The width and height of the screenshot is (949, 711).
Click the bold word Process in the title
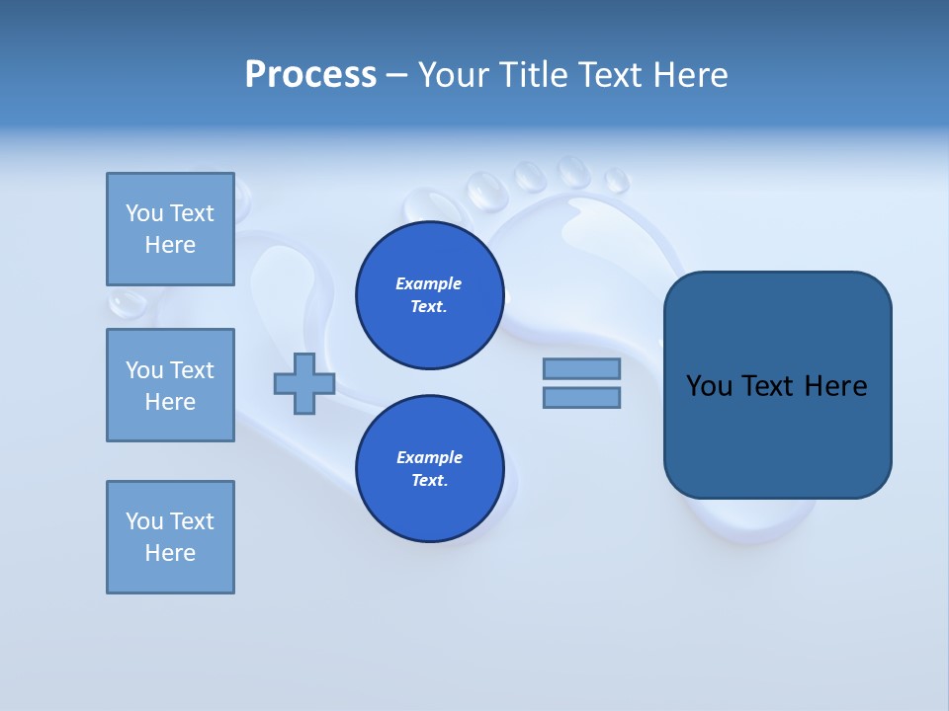tap(310, 75)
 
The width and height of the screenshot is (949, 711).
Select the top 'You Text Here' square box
tap(170, 229)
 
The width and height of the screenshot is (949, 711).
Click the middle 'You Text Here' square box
tap(170, 385)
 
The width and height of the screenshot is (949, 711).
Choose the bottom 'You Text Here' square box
tap(170, 537)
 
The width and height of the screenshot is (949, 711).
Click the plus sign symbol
tap(304, 383)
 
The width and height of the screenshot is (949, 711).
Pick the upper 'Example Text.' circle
tap(430, 295)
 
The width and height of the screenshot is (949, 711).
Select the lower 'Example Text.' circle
tap(430, 469)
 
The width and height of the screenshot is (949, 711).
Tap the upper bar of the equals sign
tap(581, 368)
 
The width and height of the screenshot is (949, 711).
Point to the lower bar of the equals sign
tap(581, 398)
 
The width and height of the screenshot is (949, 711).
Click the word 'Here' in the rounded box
tap(835, 386)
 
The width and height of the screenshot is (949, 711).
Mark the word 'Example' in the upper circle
tap(429, 283)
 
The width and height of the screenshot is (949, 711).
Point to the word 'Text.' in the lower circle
tap(429, 481)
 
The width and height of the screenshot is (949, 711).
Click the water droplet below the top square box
tap(127, 302)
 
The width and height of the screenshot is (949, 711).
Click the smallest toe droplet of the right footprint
tap(617, 181)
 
